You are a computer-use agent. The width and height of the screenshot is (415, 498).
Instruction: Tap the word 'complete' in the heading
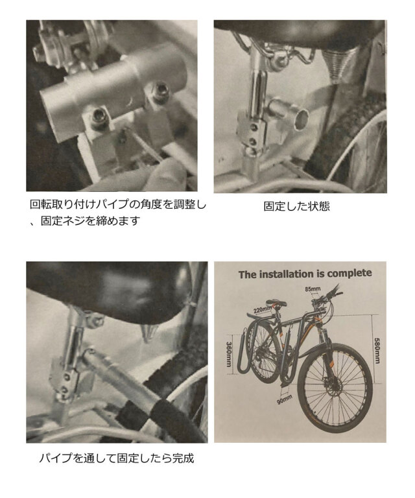pyautogui.click(x=350, y=274)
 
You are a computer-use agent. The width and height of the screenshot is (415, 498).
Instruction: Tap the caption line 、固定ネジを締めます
pyautogui.click(x=87, y=221)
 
